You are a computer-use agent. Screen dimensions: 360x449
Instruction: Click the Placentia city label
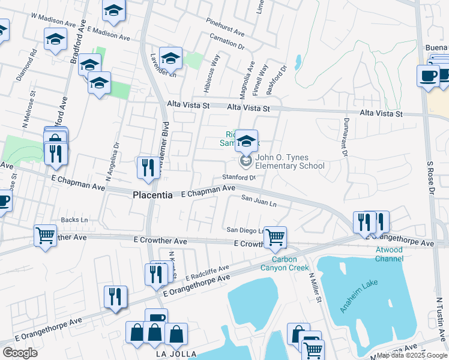[x=152, y=196]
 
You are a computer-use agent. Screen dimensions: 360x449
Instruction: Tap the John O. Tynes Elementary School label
[x=290, y=162]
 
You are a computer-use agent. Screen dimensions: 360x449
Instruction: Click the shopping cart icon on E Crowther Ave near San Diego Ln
[x=275, y=237]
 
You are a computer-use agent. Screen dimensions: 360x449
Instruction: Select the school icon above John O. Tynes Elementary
[x=246, y=142]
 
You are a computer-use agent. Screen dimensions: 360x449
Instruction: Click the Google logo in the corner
[x=20, y=352]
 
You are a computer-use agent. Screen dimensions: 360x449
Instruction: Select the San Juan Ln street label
[x=259, y=200]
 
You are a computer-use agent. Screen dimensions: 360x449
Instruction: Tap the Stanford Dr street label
[x=239, y=177]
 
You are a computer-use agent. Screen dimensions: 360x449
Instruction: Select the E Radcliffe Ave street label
[x=208, y=273]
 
